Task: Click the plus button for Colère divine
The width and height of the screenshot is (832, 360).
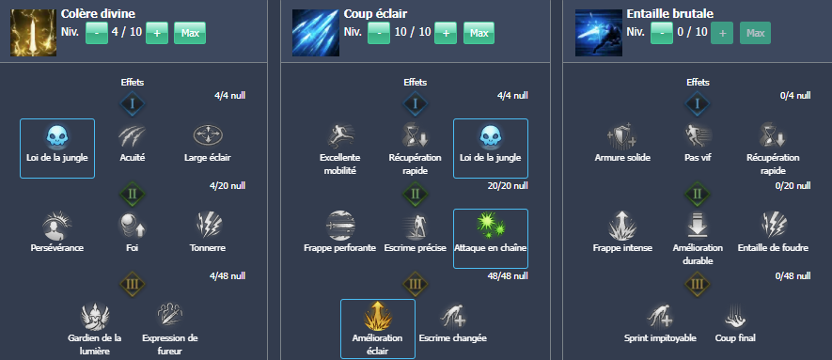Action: click(157, 33)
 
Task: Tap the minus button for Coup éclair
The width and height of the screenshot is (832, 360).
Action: click(378, 33)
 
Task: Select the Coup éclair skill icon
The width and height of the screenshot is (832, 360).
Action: click(314, 31)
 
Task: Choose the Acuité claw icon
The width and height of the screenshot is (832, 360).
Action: click(133, 136)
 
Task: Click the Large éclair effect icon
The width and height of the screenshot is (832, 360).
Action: click(207, 136)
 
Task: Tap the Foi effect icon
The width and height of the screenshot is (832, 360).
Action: click(133, 226)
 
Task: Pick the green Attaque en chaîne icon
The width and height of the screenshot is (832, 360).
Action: click(490, 226)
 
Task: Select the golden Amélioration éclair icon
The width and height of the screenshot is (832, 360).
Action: click(377, 315)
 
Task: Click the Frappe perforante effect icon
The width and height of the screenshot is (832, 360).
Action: click(339, 226)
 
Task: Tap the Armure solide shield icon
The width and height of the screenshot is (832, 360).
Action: click(621, 136)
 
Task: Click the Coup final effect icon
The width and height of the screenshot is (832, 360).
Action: click(733, 315)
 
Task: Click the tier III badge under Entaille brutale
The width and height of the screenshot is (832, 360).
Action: click(697, 283)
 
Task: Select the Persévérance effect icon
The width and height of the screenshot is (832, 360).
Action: click(57, 226)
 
